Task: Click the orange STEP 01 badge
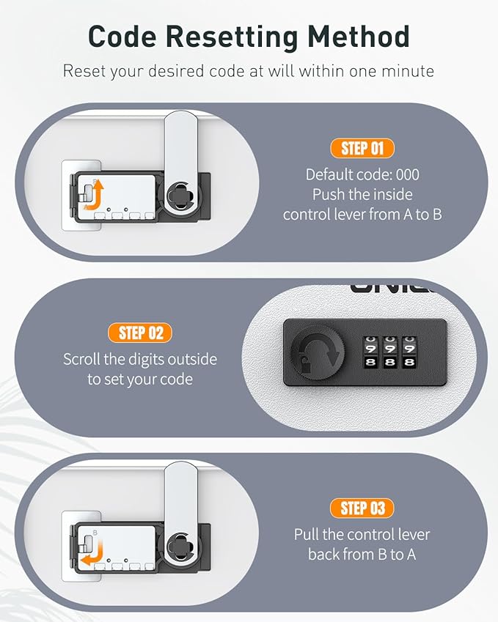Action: click(x=362, y=149)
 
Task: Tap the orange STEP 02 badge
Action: click(x=140, y=333)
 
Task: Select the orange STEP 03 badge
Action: click(x=362, y=508)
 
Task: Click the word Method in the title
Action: click(x=359, y=37)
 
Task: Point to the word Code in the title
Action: click(x=122, y=37)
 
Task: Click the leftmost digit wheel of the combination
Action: click(x=370, y=352)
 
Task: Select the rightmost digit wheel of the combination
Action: click(x=409, y=352)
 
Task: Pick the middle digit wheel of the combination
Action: click(x=390, y=352)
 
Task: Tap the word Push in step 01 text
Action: click(x=327, y=194)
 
